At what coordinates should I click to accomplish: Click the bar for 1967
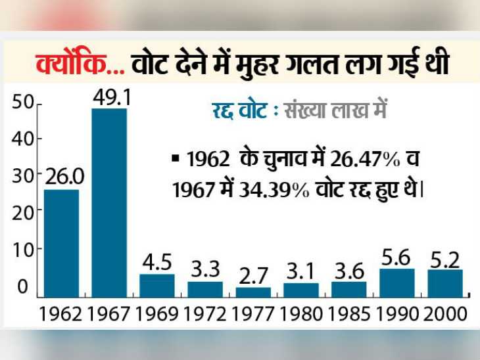tap(109, 202)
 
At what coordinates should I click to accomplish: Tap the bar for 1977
tap(253, 292)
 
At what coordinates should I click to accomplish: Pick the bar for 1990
tap(396, 282)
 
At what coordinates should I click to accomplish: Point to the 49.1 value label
tap(109, 97)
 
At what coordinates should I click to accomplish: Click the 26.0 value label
tap(61, 176)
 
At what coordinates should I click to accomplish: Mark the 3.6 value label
tap(348, 269)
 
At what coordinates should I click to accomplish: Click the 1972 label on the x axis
tap(205, 313)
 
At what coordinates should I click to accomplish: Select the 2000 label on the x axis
tap(444, 313)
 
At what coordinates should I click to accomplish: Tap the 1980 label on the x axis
tap(301, 313)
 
